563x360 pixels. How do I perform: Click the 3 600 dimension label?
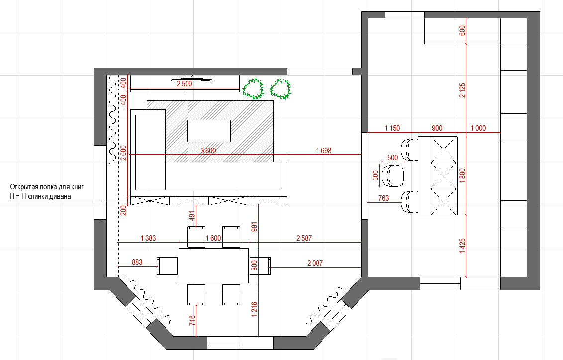208,150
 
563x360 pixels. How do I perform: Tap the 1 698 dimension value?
323,150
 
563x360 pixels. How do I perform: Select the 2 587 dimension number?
304,238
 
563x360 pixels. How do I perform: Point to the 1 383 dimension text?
148,238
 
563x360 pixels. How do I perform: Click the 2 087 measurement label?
315,263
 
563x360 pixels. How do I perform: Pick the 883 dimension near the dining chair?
137,262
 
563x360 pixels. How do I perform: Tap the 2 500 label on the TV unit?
185,84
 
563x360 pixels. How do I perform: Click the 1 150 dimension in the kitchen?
392,128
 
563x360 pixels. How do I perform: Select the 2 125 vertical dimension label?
462,90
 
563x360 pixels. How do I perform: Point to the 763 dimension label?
383,198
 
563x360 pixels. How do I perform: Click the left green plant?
253,89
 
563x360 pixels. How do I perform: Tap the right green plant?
281,89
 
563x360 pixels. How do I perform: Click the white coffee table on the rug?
208,131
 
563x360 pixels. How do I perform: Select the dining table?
214,266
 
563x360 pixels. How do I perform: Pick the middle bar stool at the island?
393,176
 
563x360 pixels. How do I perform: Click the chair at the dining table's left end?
167,266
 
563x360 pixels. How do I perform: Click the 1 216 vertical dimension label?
254,309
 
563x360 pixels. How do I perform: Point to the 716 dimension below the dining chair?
192,321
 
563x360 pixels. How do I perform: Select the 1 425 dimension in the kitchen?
462,246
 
